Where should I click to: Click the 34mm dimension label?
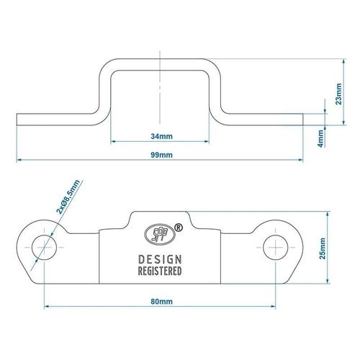[x=161, y=136]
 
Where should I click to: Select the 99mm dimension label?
[x=161, y=155]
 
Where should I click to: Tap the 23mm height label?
[x=338, y=94]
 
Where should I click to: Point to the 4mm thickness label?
[x=320, y=138]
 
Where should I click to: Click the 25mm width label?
[x=323, y=248]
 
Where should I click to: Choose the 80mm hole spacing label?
[x=161, y=302]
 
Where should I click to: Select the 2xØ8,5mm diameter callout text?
[x=68, y=197]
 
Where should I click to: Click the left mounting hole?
[x=44, y=248]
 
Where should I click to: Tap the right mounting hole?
[x=276, y=248]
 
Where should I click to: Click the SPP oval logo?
[x=160, y=235]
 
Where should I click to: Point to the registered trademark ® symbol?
[x=179, y=228]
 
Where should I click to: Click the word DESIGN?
[x=160, y=260]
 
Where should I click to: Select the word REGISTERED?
[x=160, y=271]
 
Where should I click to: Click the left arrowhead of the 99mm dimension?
[x=19, y=160]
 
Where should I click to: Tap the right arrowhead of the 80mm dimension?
[x=273, y=306]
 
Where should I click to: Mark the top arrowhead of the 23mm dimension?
[x=344, y=61]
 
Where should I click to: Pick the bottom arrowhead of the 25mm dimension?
[x=328, y=282]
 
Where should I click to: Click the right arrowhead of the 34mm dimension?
[x=207, y=142]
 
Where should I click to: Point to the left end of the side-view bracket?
[x=17, y=120]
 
